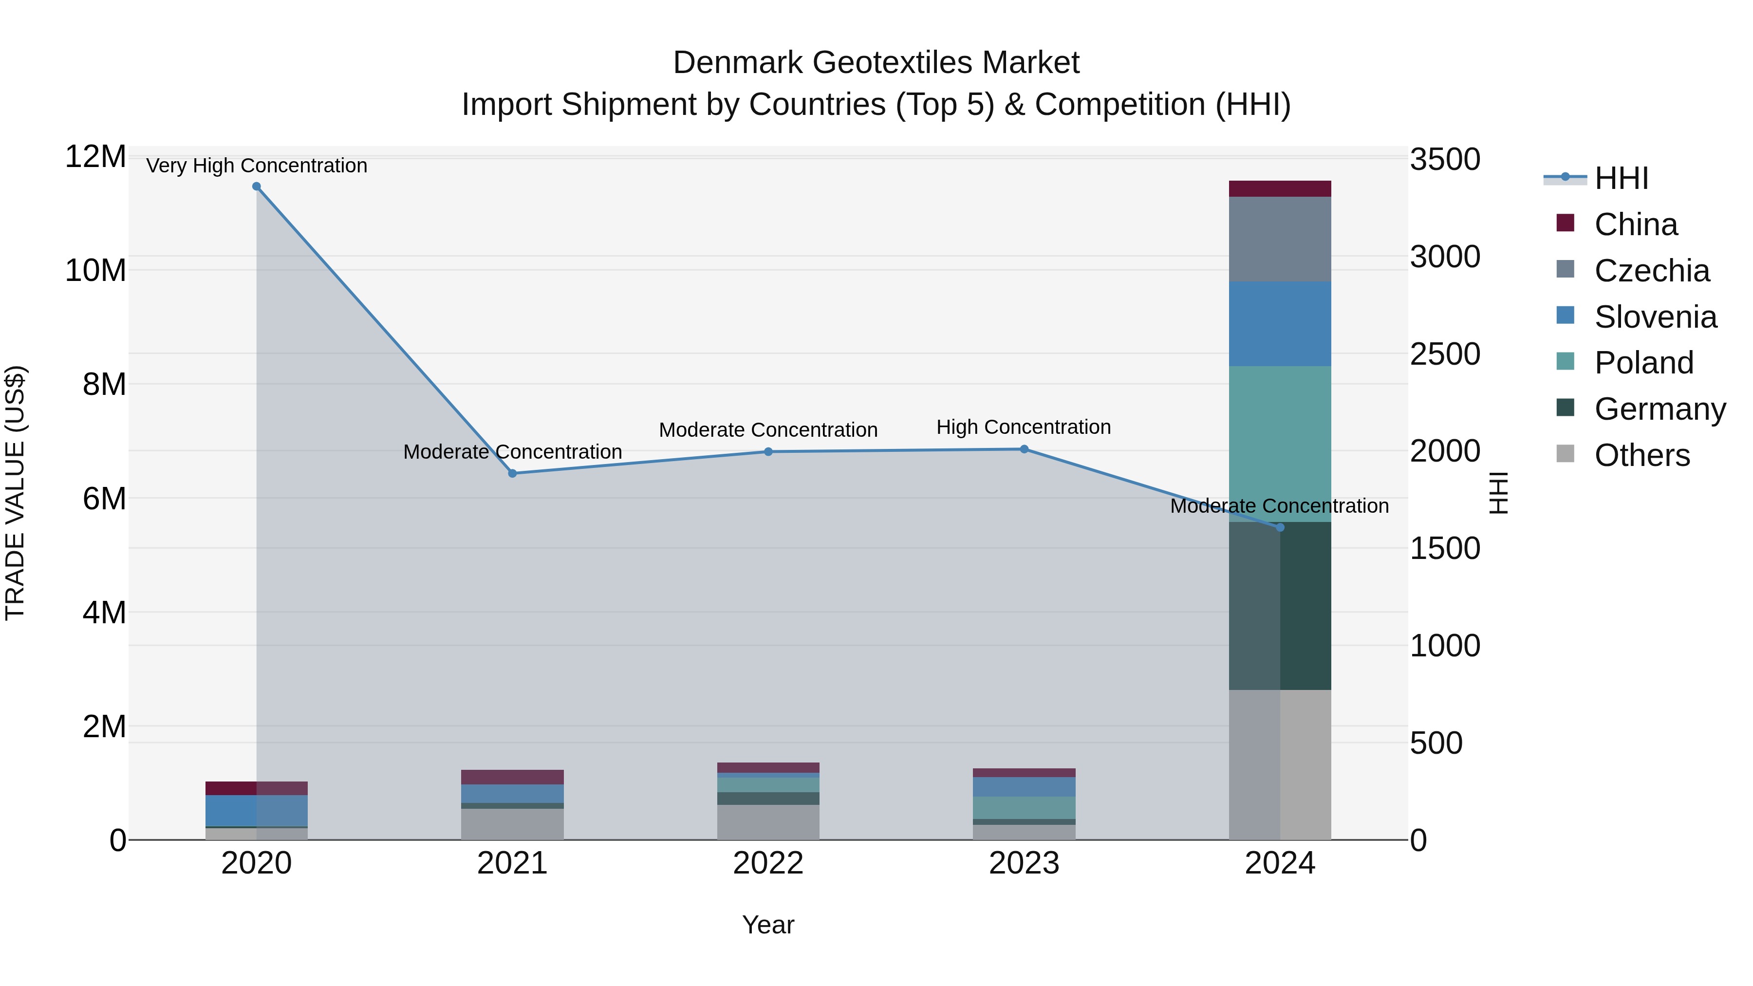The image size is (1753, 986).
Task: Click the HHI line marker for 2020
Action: (257, 186)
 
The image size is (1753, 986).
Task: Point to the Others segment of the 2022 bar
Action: (768, 822)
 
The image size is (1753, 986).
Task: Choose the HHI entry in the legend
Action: (1621, 178)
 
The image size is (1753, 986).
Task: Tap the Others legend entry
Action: (1641, 455)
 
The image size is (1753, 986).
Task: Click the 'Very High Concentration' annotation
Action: (257, 166)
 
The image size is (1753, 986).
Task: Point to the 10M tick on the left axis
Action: (95, 270)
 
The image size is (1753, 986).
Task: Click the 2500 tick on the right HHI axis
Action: (1445, 354)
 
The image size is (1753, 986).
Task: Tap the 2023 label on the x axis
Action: (1024, 863)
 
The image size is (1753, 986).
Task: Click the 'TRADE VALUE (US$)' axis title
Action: (15, 493)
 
